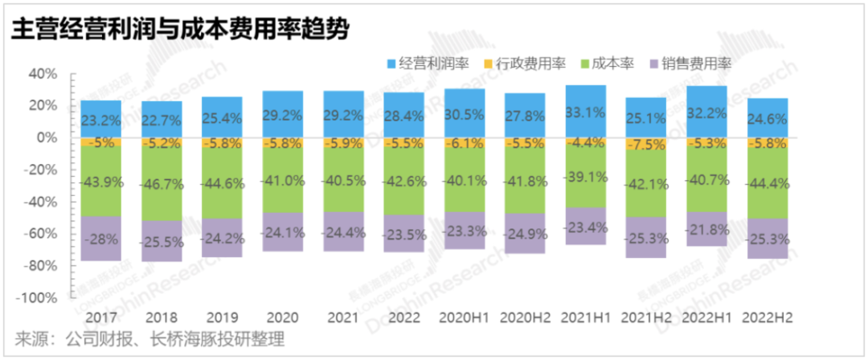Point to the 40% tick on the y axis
point(43,74)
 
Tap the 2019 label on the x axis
point(222,317)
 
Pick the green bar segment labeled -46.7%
point(162,183)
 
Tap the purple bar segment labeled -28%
point(100,238)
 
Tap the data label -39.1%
point(585,178)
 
